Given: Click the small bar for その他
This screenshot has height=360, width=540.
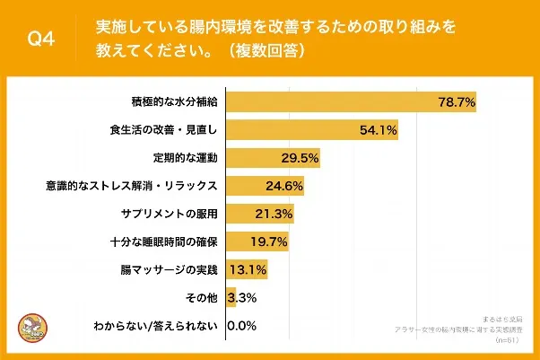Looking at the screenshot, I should [231, 297].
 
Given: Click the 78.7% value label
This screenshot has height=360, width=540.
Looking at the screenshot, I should [456, 102].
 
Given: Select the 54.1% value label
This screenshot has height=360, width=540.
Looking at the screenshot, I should [379, 130].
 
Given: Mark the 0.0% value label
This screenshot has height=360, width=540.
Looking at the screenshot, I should [243, 325].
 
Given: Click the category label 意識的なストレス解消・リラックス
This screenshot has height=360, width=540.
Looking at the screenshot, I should [132, 186].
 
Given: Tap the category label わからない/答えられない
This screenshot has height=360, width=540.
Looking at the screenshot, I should [156, 325].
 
